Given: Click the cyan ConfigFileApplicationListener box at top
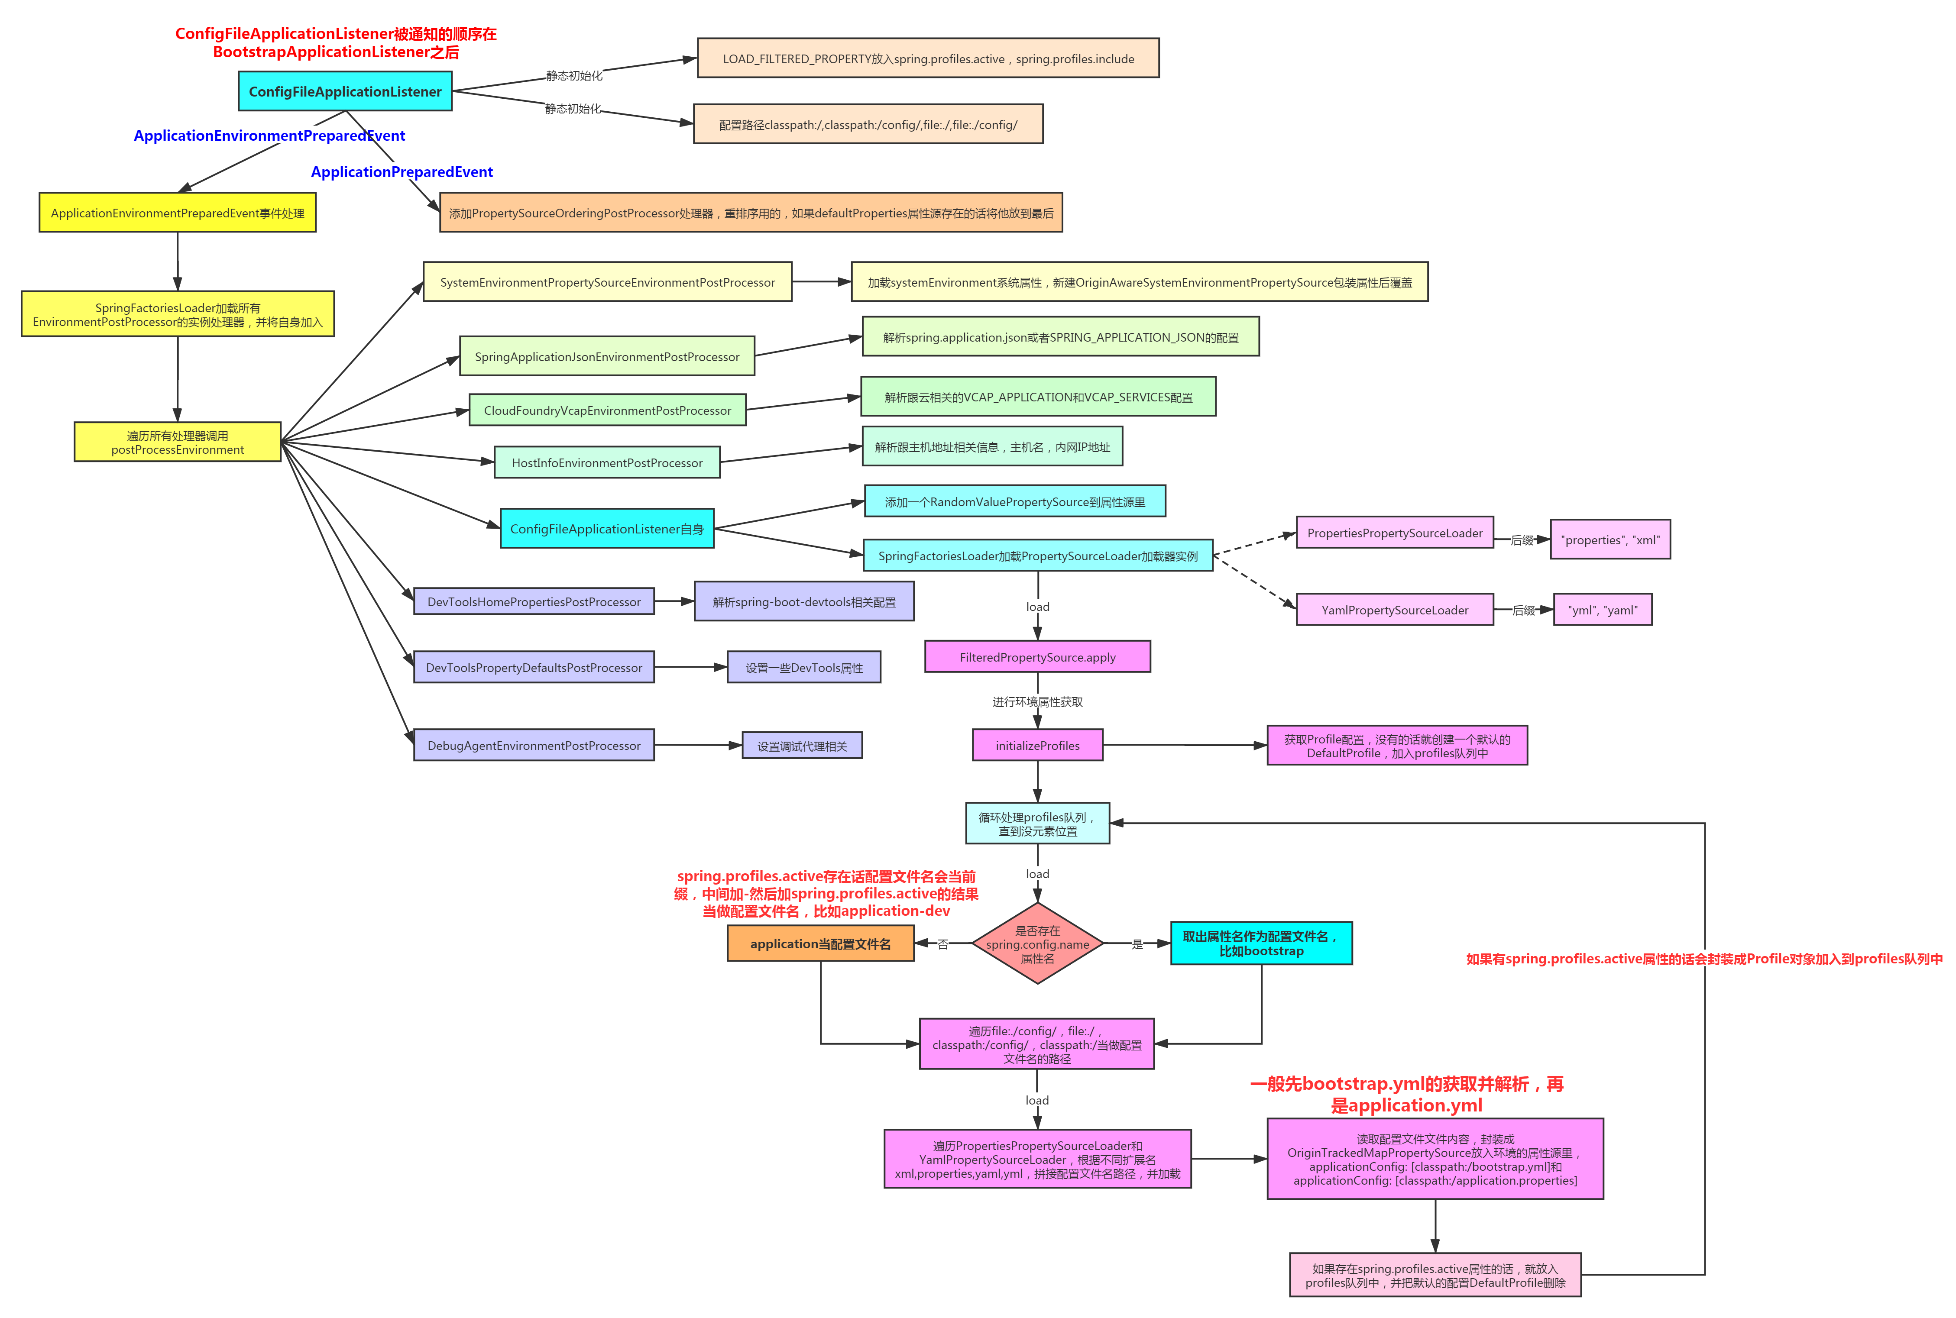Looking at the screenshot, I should tap(345, 92).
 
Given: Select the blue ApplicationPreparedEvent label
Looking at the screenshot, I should tap(402, 171).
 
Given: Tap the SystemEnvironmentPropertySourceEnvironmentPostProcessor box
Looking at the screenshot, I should tap(607, 282).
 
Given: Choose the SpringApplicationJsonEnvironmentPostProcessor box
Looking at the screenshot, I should tap(607, 356).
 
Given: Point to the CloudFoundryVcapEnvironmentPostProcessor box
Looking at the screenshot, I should tap(607, 410).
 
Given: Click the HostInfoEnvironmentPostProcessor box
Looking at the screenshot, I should tap(607, 463).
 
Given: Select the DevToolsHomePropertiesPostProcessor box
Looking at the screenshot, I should tap(534, 602).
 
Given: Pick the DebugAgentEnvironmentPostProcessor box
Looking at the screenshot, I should tap(534, 746).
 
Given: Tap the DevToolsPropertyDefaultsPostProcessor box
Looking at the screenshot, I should tap(534, 667).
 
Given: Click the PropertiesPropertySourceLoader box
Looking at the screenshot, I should tap(1394, 533).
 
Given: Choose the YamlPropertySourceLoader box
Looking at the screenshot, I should tap(1394, 610).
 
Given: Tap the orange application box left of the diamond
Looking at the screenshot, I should tap(820, 944).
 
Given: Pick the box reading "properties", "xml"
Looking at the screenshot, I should tap(1609, 539).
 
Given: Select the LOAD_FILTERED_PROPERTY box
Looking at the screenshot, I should tap(928, 59).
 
